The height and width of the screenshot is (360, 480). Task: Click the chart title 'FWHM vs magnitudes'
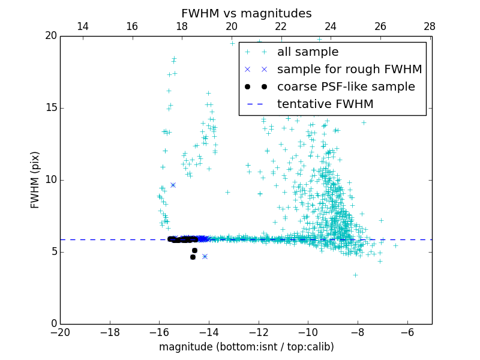tap(246, 13)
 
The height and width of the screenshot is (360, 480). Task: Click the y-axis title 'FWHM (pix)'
tap(35, 179)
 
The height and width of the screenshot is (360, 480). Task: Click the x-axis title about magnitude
tap(246, 347)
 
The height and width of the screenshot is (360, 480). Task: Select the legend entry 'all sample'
tap(308, 52)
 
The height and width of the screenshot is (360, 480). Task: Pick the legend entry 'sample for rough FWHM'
tap(349, 70)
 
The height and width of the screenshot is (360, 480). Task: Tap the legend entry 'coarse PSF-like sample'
tap(346, 87)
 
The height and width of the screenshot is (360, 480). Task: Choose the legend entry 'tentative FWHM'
tap(325, 104)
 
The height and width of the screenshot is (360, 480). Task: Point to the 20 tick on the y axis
tap(50, 36)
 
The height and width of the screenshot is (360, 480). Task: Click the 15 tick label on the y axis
tap(50, 108)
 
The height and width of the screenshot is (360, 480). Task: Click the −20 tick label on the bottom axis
tap(60, 332)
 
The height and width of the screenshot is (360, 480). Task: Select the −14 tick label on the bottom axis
tap(209, 332)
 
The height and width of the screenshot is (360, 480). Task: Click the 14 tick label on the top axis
tap(83, 26)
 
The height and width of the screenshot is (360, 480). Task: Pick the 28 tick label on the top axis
tap(430, 26)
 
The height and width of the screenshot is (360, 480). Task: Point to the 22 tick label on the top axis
tap(281, 26)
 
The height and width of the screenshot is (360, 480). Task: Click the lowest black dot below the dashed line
tap(193, 257)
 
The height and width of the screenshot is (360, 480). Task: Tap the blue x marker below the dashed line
tap(205, 256)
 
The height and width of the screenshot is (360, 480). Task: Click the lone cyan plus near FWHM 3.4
tap(355, 275)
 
